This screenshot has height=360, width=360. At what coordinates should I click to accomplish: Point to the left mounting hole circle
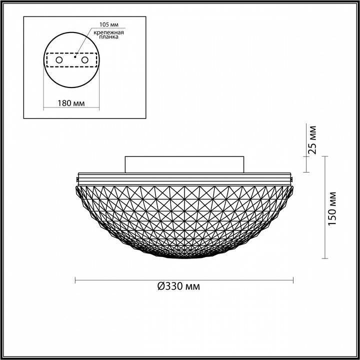pyautogui.click(x=59, y=60)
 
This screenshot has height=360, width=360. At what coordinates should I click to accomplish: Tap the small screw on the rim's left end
pyautogui.click(x=77, y=177)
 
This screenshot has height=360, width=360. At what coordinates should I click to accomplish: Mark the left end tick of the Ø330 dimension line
pyautogui.click(x=75, y=279)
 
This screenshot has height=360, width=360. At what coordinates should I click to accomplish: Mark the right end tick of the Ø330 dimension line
pyautogui.click(x=293, y=279)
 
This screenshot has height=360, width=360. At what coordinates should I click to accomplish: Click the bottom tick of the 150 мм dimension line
pyautogui.click(x=325, y=258)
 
